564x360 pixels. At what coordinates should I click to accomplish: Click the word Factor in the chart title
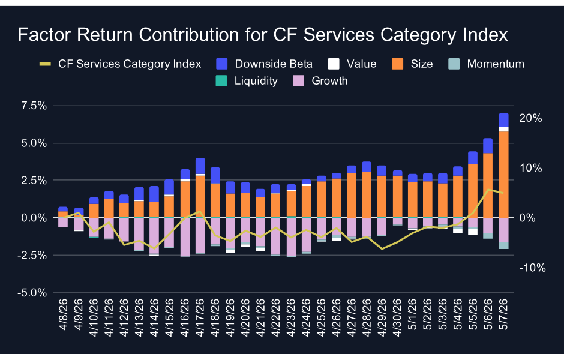44,35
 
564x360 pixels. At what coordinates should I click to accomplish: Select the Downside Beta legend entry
265,64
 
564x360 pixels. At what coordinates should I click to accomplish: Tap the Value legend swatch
334,64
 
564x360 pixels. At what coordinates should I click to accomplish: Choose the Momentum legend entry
487,64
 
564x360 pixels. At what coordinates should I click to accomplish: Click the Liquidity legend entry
247,81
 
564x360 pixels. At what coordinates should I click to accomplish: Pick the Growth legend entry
320,81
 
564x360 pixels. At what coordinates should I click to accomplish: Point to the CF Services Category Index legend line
45,64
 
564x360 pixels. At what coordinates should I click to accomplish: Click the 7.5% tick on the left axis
34,106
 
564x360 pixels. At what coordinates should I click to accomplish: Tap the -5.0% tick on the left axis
32,293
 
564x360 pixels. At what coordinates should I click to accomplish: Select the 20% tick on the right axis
530,118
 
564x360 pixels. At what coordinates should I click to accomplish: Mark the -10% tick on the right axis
532,268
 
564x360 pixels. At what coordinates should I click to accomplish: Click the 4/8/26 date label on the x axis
64,314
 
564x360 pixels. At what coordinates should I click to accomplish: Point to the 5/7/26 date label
504,314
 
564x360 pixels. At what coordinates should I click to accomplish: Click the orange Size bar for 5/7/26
504,175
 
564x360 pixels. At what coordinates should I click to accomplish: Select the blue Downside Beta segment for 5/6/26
488,146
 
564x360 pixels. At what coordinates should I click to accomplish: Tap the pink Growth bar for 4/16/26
185,237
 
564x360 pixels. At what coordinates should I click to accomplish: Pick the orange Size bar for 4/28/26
367,195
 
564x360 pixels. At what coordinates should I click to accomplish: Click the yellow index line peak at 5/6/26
488,190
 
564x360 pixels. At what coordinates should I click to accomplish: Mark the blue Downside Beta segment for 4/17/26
200,166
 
